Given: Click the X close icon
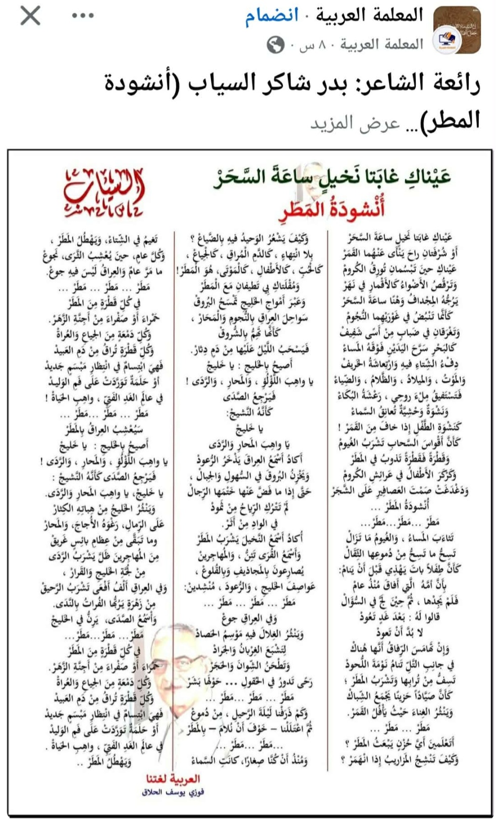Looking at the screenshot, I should pyautogui.click(x=30, y=16).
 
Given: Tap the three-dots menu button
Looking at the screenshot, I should pyautogui.click(x=83, y=16).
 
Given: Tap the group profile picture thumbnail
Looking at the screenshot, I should pyautogui.click(x=457, y=30).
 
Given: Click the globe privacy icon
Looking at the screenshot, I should pyautogui.click(x=275, y=45).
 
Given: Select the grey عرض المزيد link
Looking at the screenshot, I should pyautogui.click(x=355, y=123).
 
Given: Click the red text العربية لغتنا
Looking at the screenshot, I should pyautogui.click(x=173, y=779).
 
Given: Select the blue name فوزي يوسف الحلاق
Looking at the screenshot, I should pyautogui.click(x=173, y=792).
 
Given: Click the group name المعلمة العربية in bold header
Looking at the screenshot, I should pyautogui.click(x=369, y=15).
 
